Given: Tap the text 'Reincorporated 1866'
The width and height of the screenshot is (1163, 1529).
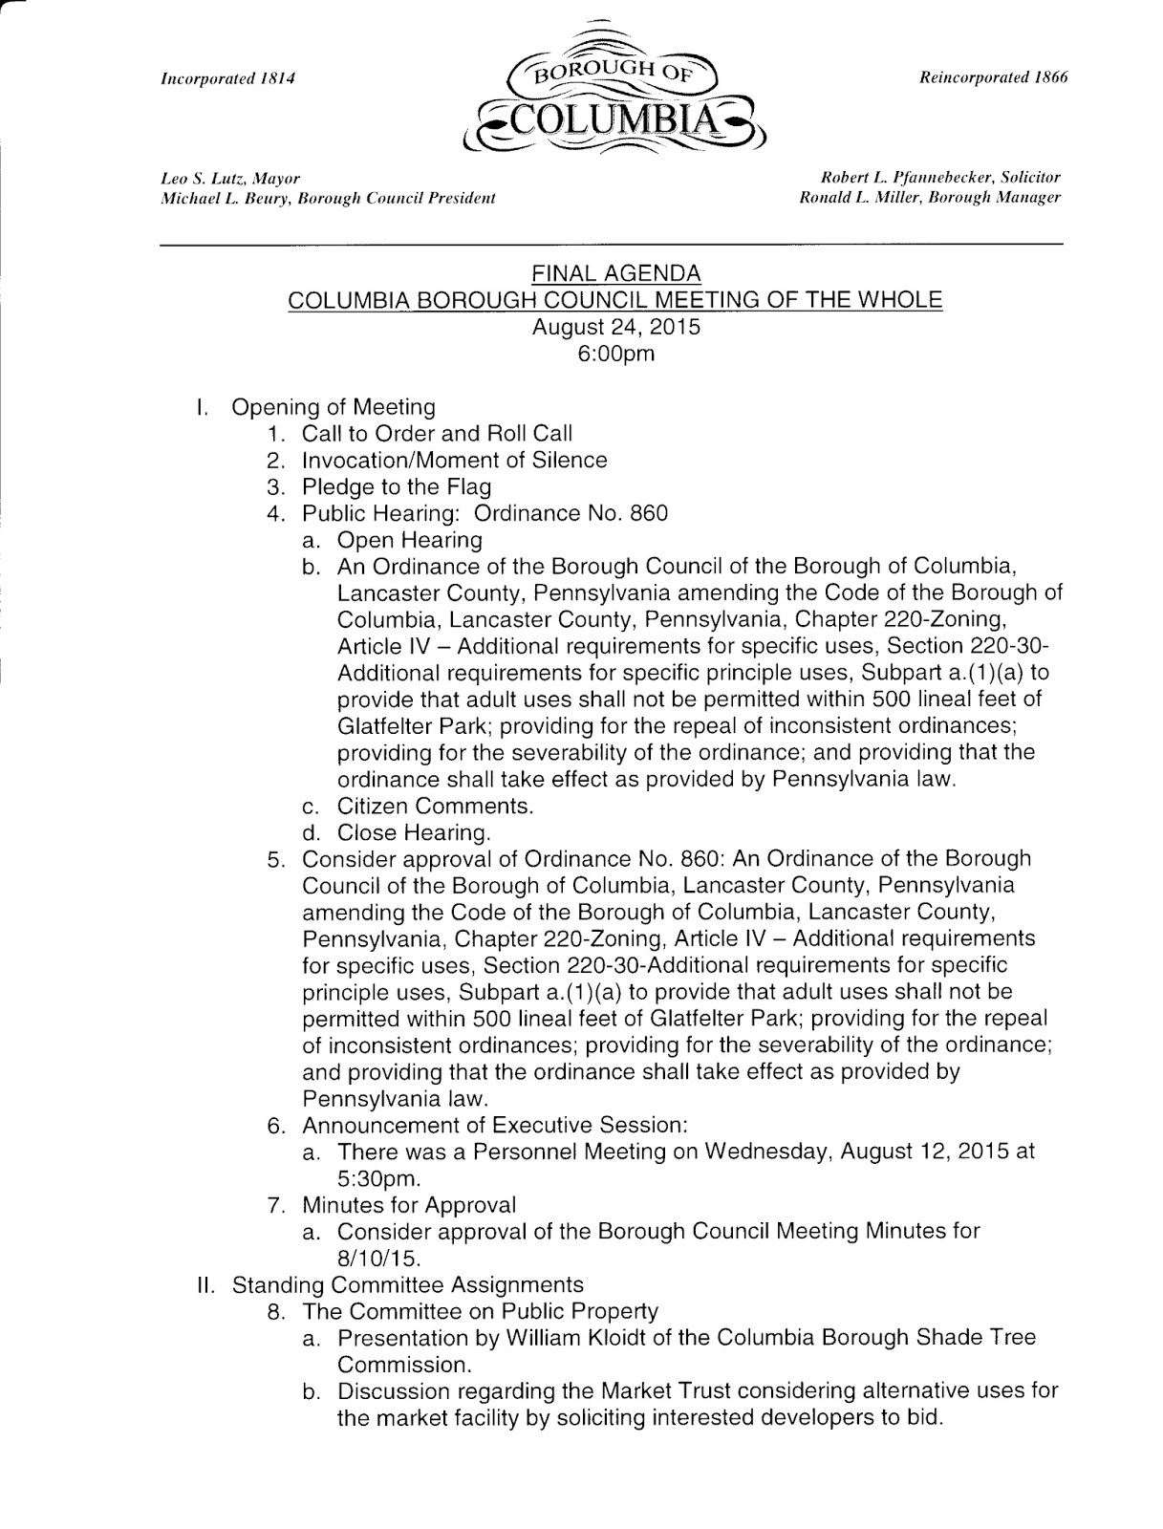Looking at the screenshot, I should click(994, 76).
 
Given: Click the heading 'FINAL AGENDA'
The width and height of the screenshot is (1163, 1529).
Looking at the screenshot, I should click(615, 275).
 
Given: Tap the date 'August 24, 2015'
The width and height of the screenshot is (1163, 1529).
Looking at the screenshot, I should click(615, 327).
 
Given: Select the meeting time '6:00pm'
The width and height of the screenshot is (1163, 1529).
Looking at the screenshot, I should click(615, 354).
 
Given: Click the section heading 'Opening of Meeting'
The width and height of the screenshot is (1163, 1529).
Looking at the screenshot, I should click(334, 407).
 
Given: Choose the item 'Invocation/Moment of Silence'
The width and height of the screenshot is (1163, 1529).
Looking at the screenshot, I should click(454, 461).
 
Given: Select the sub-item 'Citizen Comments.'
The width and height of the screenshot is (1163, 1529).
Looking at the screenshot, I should click(435, 806).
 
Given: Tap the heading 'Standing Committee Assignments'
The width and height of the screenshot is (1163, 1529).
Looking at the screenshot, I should click(408, 1284).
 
